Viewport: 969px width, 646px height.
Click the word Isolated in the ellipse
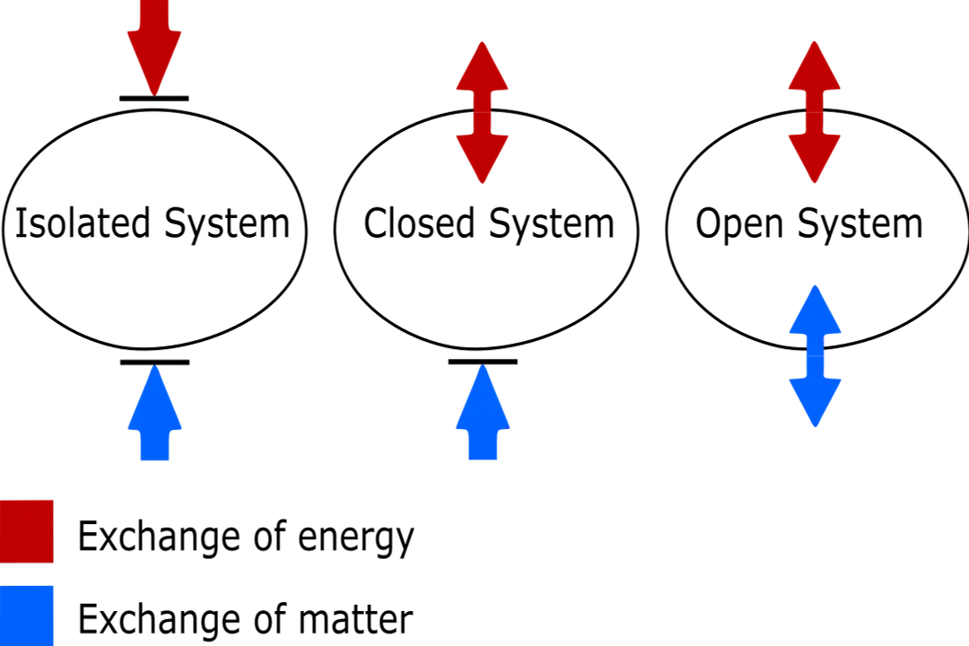[x=82, y=223]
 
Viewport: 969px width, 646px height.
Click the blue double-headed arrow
[x=815, y=356]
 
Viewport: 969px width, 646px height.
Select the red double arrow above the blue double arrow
[x=815, y=112]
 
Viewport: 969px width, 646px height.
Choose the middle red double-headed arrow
[x=483, y=112]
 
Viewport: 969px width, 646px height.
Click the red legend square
[x=27, y=530]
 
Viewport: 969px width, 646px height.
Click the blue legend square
[x=27, y=614]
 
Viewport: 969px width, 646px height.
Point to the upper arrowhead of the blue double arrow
[x=815, y=314]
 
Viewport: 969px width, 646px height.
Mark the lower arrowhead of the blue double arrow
[x=815, y=401]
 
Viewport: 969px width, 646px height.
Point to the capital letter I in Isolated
[x=20, y=223]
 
